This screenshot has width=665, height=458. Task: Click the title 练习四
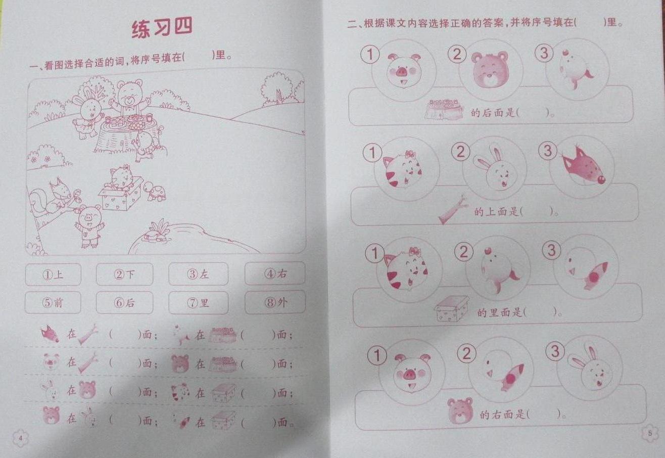pos(162,28)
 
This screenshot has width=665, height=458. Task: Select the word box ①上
pos(53,274)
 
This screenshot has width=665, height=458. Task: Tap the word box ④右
pos(274,273)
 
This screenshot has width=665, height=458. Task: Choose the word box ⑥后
pos(124,302)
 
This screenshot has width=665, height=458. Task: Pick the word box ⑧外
pos(275,302)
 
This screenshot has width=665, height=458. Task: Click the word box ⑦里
pos(198,303)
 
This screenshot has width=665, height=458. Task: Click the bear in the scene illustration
pos(128,99)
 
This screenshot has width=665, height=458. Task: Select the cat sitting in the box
pos(121,178)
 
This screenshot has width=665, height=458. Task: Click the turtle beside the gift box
pos(155,192)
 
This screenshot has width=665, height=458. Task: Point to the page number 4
pos(20,438)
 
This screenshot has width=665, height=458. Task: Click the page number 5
pos(649,433)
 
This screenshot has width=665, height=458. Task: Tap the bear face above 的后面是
pos(491,69)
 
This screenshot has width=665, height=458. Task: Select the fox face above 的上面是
pos(583,167)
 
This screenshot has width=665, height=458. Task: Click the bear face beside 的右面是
pos(460,410)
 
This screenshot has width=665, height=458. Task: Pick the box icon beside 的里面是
pos(451,309)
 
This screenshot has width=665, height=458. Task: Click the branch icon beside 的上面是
pos(453,210)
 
